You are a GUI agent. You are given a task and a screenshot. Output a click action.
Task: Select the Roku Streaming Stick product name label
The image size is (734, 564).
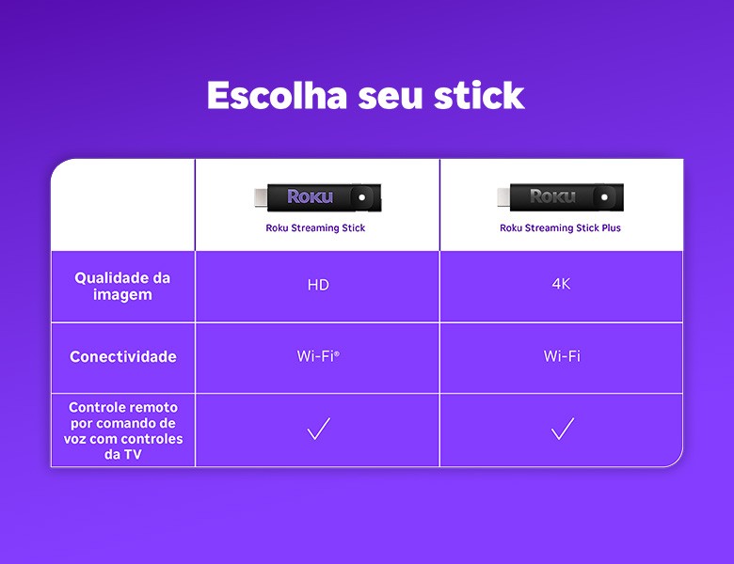[x=315, y=228]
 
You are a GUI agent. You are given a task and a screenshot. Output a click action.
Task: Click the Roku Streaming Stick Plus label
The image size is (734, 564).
[x=560, y=228]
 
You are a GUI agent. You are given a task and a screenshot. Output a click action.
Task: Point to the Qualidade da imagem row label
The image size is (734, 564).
[x=122, y=287]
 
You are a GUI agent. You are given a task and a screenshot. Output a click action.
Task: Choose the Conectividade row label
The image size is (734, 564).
[x=122, y=357]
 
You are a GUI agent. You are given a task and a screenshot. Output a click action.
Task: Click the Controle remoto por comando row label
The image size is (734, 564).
[x=123, y=431]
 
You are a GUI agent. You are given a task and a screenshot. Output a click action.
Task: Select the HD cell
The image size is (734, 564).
[x=318, y=285]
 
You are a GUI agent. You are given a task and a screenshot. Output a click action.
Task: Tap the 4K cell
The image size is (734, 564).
[x=561, y=284]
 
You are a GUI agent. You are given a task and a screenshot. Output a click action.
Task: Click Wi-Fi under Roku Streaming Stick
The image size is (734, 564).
[x=317, y=356]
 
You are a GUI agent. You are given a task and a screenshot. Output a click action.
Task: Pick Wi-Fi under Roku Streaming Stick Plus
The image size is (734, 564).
[x=562, y=356]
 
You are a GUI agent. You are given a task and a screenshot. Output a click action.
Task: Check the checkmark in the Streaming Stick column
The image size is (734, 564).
[x=318, y=430]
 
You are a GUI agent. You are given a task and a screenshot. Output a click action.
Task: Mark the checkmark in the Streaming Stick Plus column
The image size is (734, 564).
[x=562, y=430]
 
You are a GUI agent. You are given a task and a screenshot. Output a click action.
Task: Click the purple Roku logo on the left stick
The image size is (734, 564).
[x=311, y=196]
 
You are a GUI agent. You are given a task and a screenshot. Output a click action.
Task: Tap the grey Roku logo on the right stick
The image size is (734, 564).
[x=552, y=196]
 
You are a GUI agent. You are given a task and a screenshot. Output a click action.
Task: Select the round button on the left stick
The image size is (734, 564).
[x=361, y=197]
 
